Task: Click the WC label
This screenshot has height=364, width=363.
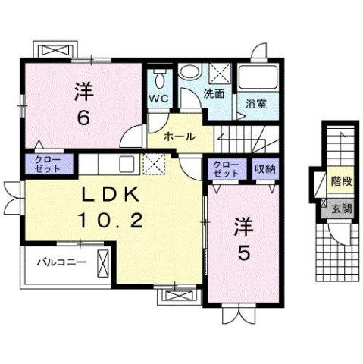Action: coord(158,99)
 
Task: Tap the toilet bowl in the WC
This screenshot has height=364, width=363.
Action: coord(159,80)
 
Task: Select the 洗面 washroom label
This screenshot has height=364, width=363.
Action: coord(214,94)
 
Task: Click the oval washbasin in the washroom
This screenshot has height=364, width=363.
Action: coord(189,71)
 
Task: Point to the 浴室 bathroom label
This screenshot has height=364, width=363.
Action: coord(256,104)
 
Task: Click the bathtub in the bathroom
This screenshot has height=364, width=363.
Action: coord(257,77)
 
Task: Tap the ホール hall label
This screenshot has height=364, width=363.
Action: coord(180,136)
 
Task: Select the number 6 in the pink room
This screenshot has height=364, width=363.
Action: coord(83,118)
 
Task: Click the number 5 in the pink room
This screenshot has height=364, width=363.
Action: coord(244,253)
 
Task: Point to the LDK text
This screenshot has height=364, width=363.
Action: coord(109,195)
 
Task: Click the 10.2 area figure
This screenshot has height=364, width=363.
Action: coord(110,220)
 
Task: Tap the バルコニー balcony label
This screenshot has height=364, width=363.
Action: coord(61,262)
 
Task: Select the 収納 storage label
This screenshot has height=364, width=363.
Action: coord(264,168)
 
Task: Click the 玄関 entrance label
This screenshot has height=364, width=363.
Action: coord(342,209)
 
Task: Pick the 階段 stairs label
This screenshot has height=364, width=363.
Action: coord(341,181)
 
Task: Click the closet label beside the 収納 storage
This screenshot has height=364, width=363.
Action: coord(226,169)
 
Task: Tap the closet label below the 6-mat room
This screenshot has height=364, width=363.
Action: coord(48,165)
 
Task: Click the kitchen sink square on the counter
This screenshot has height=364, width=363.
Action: coord(127,164)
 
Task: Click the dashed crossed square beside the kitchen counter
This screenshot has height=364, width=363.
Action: coord(154,164)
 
